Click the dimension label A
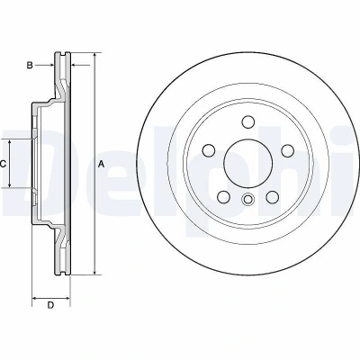(102, 164)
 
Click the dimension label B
(30, 65)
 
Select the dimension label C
(3, 164)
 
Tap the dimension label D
(50, 305)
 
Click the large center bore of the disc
(247, 164)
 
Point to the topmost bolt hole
(247, 121)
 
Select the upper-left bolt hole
(209, 150)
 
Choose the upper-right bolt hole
(287, 150)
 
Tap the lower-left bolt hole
(223, 197)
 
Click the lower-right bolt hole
(272, 197)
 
